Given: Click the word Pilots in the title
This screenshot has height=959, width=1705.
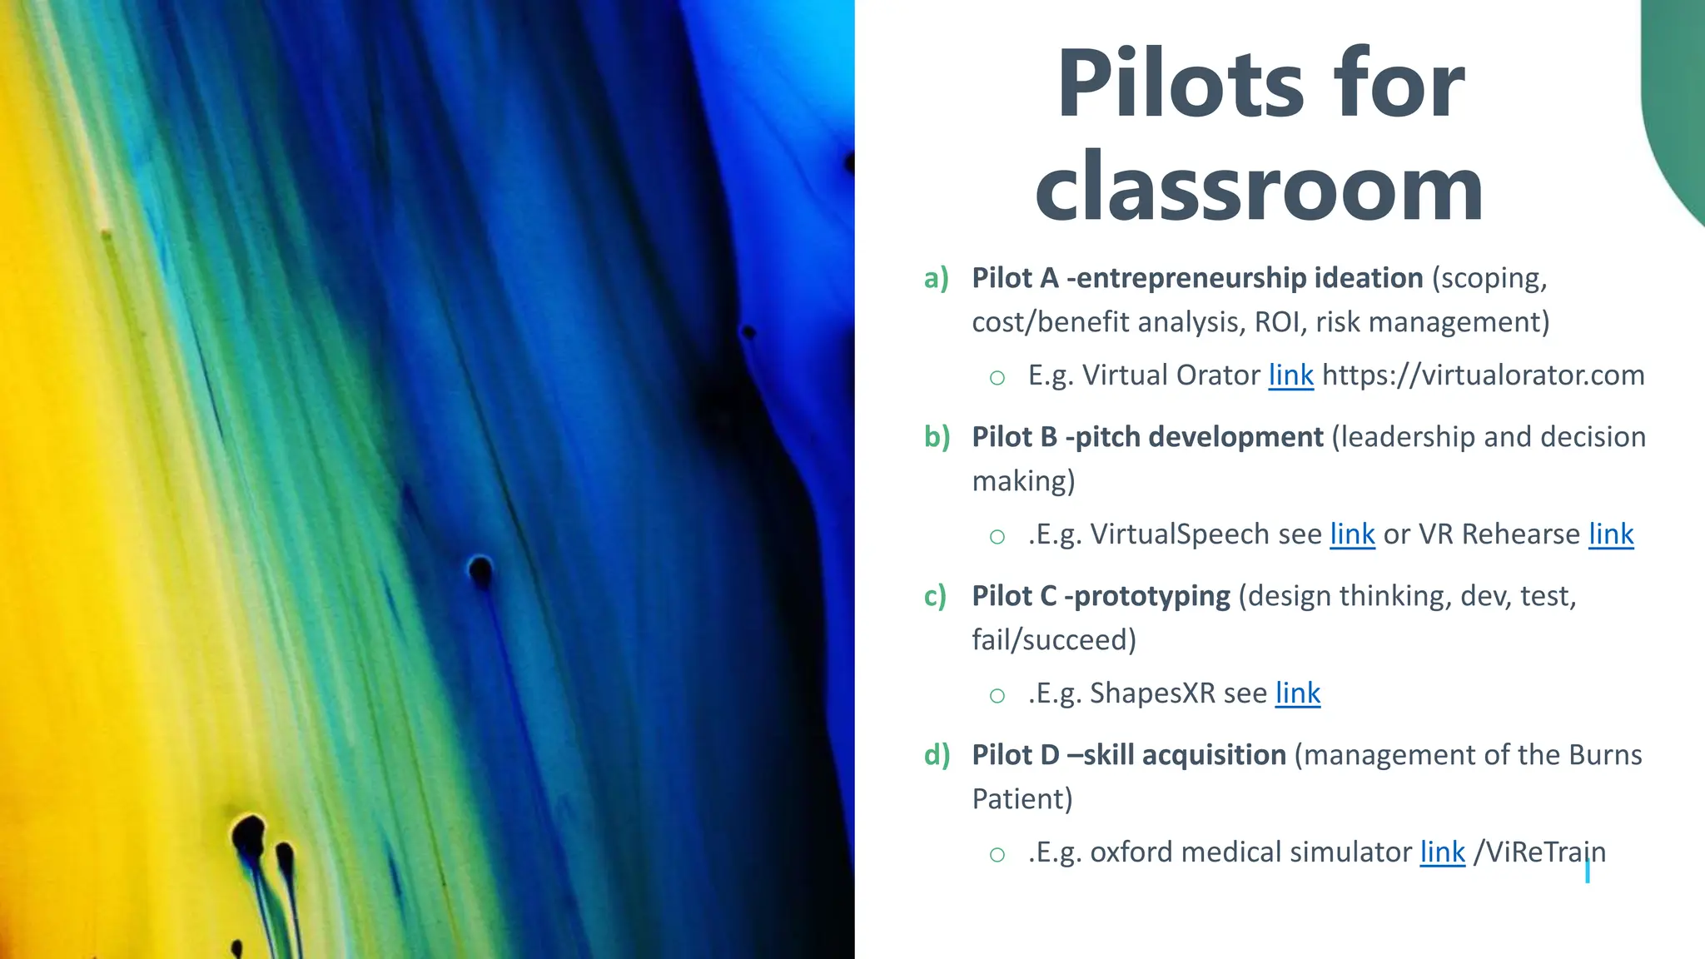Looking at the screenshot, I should click(1181, 84).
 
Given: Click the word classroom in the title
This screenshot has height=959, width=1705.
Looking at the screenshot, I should click(1259, 189).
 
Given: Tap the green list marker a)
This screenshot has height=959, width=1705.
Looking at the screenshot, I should click(937, 278).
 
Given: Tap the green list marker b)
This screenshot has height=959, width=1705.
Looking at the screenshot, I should click(937, 437).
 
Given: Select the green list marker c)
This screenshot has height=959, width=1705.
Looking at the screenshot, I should click(935, 596).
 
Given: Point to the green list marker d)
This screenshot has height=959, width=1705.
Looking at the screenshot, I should click(937, 755).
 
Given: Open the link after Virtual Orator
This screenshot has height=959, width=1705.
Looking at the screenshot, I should click(1290, 375).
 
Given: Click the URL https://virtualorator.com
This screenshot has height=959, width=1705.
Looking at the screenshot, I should click(1483, 375).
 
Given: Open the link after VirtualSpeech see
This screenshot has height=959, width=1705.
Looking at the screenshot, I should click(1352, 534).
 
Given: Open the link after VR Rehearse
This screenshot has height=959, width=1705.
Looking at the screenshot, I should click(1611, 534).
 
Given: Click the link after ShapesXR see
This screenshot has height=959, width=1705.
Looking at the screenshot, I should click(1298, 693).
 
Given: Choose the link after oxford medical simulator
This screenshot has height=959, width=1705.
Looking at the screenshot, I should click(1442, 852).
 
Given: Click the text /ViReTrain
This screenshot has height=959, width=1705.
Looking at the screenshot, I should click(1539, 852).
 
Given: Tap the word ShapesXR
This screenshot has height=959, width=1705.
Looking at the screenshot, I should click(1152, 693).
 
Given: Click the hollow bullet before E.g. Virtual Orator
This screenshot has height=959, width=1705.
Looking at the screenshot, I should click(997, 378).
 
